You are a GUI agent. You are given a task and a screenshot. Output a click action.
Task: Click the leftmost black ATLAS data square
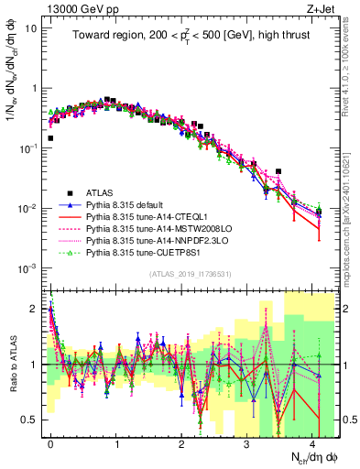click(x=49, y=138)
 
